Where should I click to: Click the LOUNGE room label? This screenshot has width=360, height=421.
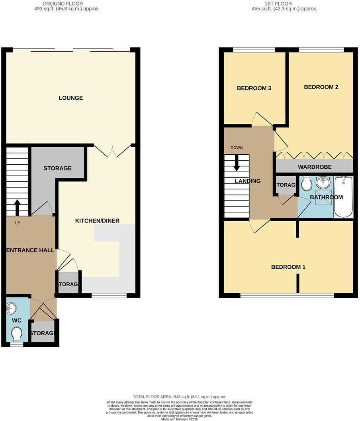(x=70, y=98)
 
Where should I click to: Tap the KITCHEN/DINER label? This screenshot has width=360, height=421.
(x=97, y=221)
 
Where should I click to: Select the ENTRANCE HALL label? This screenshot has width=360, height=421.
(x=30, y=250)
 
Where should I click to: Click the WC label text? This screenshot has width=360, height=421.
(x=17, y=321)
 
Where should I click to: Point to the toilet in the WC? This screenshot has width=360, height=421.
(x=17, y=334)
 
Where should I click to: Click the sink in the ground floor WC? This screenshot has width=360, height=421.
(x=12, y=308)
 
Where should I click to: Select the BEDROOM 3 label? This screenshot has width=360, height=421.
(x=254, y=89)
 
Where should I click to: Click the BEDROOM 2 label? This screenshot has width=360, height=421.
(x=321, y=87)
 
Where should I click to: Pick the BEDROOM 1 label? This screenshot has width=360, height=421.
(x=288, y=267)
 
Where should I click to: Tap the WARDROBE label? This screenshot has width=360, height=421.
(x=315, y=167)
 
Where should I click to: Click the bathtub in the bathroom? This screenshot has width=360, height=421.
(x=343, y=197)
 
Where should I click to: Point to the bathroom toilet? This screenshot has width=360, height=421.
(x=307, y=184)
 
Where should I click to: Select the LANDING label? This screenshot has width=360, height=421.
(x=248, y=181)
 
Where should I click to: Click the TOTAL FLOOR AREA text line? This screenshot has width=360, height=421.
(x=179, y=397)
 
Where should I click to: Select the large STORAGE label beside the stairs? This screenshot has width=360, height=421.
(x=57, y=168)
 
